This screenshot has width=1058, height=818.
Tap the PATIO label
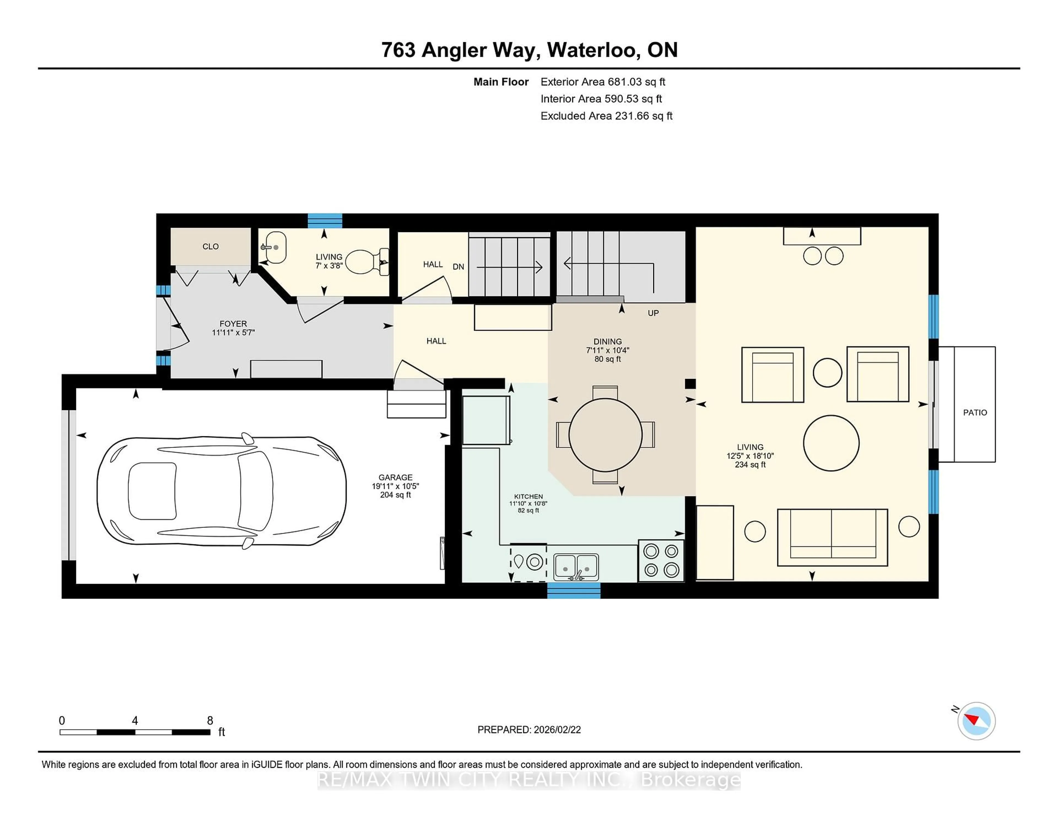[x=975, y=412]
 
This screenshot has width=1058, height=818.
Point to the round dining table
[x=605, y=435]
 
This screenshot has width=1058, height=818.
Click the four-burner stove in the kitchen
[x=661, y=561]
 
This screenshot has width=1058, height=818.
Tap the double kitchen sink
[x=576, y=566]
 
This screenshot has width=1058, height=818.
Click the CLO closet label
[x=210, y=246]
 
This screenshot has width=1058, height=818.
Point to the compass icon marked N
[x=976, y=721]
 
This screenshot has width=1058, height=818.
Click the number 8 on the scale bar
[x=210, y=720]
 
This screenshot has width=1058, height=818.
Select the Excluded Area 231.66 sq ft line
[x=606, y=116]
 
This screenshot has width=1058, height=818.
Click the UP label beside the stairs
[x=653, y=313]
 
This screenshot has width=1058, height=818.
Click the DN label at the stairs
[x=458, y=267]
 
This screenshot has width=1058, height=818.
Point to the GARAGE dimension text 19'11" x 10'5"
[x=395, y=486]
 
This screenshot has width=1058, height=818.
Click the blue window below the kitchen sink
[x=574, y=591]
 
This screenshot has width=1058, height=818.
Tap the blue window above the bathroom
[x=325, y=220]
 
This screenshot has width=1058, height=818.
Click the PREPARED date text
[x=529, y=729]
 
